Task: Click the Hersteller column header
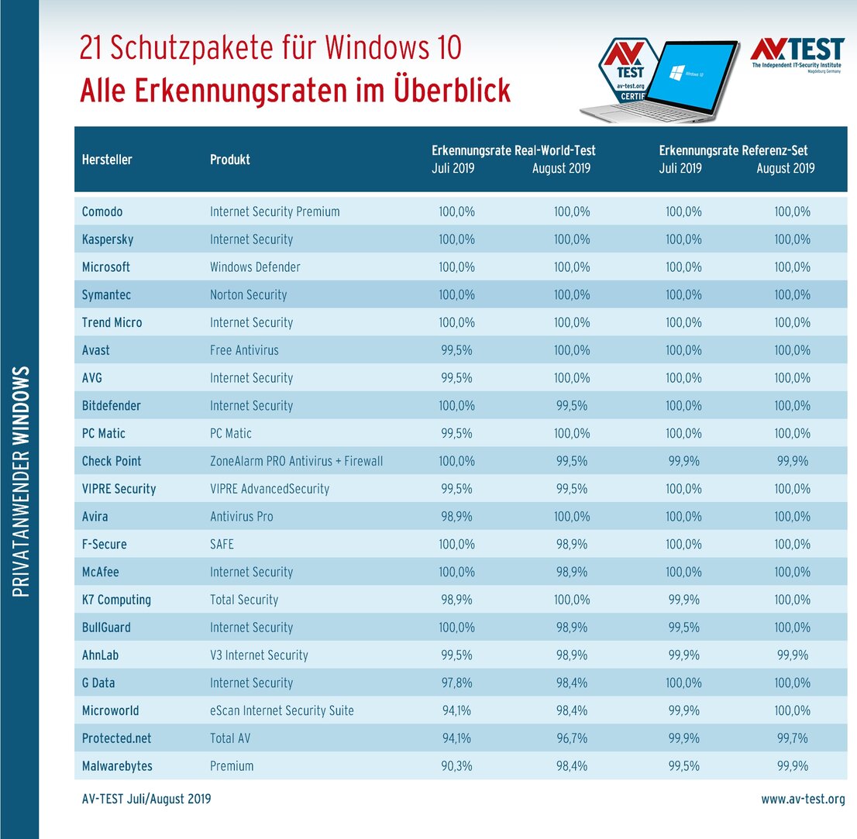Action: [x=107, y=160]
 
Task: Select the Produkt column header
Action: [x=230, y=160]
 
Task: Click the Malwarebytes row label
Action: [x=117, y=766]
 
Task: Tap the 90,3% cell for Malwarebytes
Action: [x=456, y=766]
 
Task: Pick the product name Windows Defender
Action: [x=255, y=267]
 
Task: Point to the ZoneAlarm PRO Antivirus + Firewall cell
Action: [x=296, y=461]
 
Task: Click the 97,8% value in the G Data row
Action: [x=456, y=683]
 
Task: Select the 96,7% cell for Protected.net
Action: [x=572, y=738]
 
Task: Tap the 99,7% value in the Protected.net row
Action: [x=791, y=738]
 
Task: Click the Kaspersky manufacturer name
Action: [x=108, y=239]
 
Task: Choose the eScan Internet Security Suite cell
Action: [x=282, y=710]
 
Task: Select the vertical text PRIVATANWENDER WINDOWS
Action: [x=21, y=480]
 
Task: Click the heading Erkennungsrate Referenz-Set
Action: [x=733, y=151]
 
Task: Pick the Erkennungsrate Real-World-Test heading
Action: [x=513, y=151]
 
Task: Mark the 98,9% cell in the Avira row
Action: [x=456, y=517]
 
